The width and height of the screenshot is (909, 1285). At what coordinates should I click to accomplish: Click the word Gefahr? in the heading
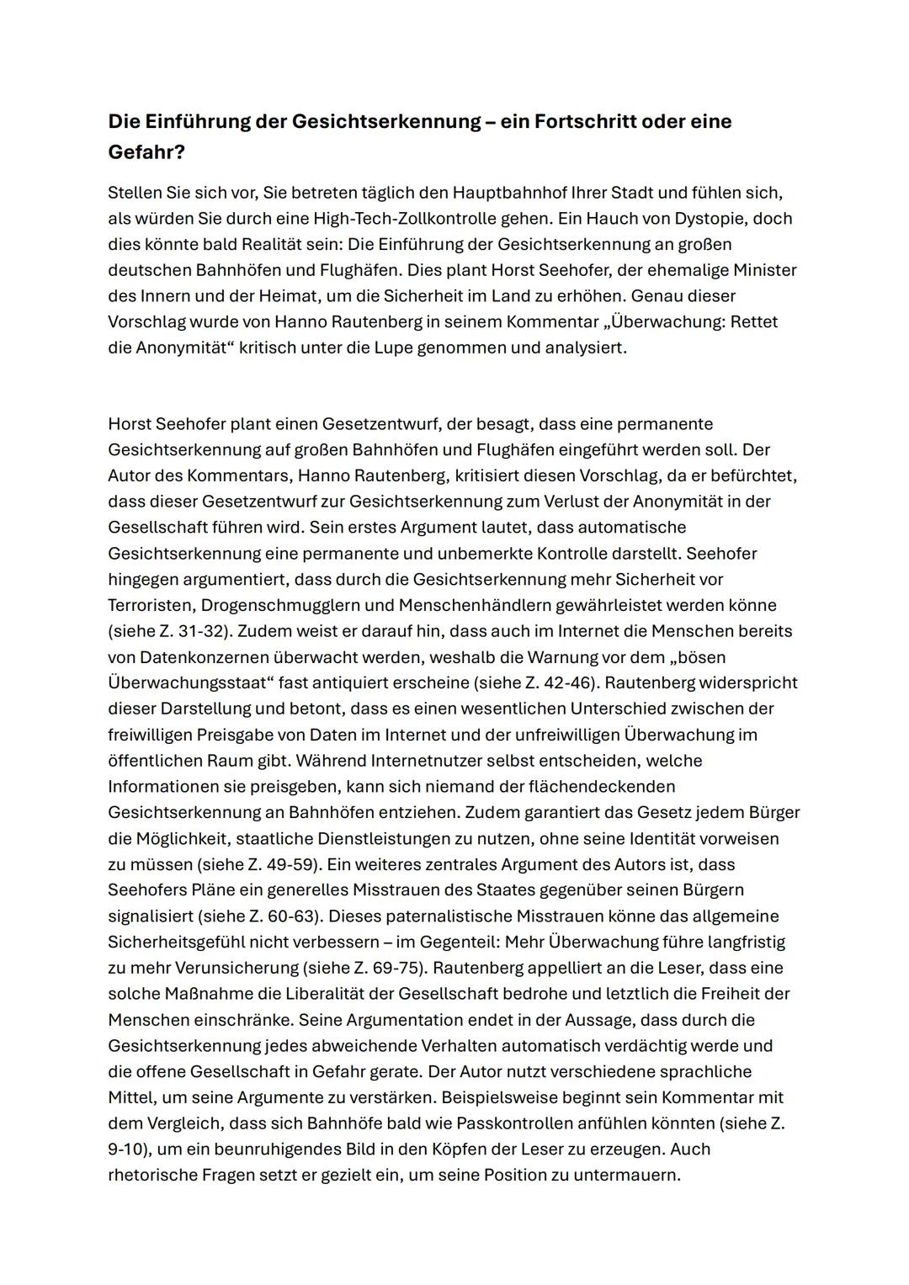(146, 153)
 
